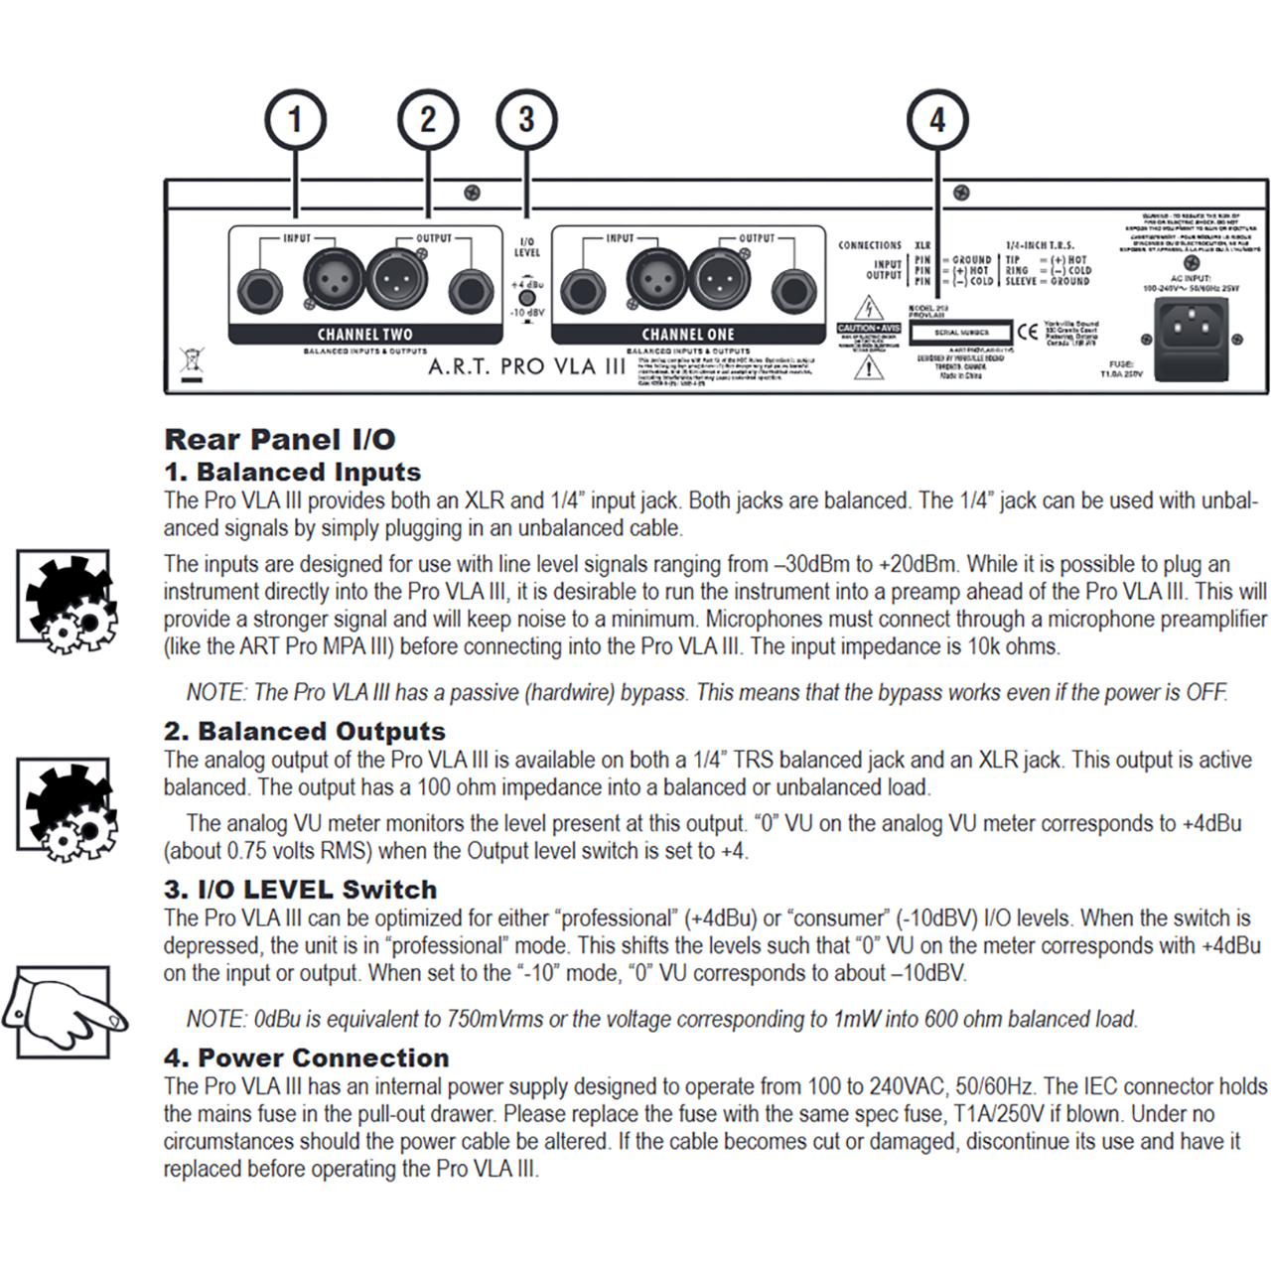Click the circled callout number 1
click(x=295, y=120)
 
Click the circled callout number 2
click(x=428, y=120)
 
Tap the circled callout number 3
click(x=526, y=120)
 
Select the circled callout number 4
click(x=937, y=120)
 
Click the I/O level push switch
click(x=527, y=298)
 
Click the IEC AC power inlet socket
click(x=1190, y=325)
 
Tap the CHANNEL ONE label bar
click(x=688, y=335)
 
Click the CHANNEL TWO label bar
click(x=364, y=335)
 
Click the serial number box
click(x=960, y=333)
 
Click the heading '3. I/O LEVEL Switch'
click(x=300, y=890)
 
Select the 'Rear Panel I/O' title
click(x=280, y=439)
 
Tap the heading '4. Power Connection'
click(x=306, y=1058)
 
